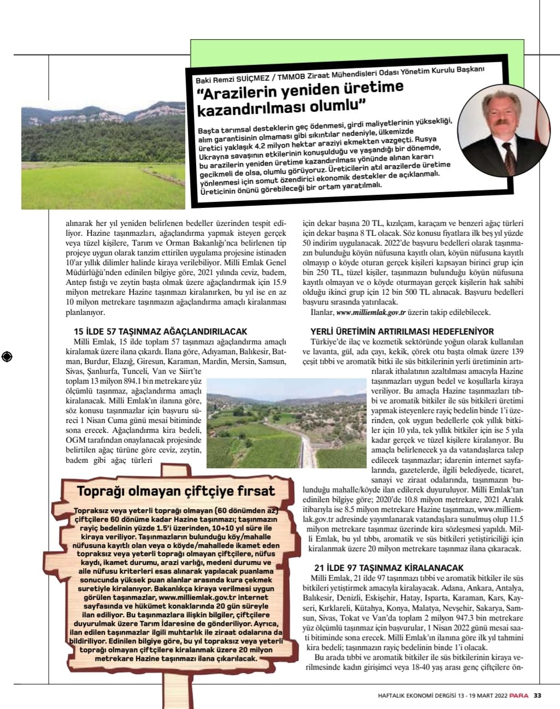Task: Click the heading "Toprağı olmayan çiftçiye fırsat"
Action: pyautogui.click(x=176, y=491)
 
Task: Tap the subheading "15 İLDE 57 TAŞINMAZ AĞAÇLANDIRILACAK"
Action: pyautogui.click(x=161, y=331)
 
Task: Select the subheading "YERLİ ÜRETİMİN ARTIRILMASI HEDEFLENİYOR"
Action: pyautogui.click(x=402, y=331)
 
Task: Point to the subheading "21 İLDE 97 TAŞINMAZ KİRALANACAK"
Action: pyautogui.click(x=389, y=568)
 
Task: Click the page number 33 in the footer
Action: pyautogui.click(x=538, y=695)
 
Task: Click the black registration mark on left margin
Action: pyautogui.click(x=7, y=357)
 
